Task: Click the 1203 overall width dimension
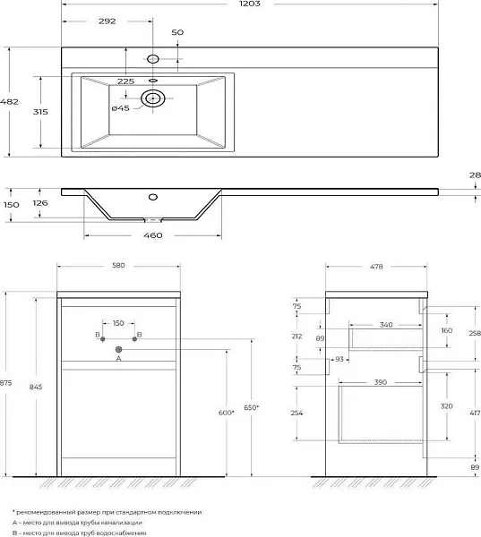pos(250,4)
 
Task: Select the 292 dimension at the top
pos(107,21)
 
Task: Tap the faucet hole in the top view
pos(152,59)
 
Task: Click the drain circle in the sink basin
pos(153,98)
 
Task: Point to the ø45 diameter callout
pos(121,108)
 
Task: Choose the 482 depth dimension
pos(9,102)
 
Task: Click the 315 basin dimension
pos(40,112)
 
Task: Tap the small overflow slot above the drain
pos(153,81)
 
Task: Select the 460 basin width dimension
pos(153,235)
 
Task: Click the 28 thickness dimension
pos(475,175)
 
